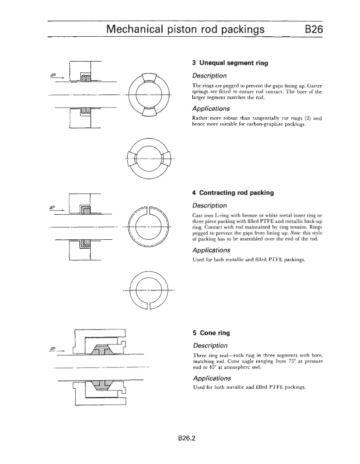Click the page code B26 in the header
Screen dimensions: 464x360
click(313, 29)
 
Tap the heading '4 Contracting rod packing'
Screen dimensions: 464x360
click(233, 193)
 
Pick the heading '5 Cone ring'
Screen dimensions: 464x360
click(211, 333)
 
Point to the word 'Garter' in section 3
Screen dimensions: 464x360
click(312, 85)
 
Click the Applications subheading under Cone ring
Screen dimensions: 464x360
click(212, 378)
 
